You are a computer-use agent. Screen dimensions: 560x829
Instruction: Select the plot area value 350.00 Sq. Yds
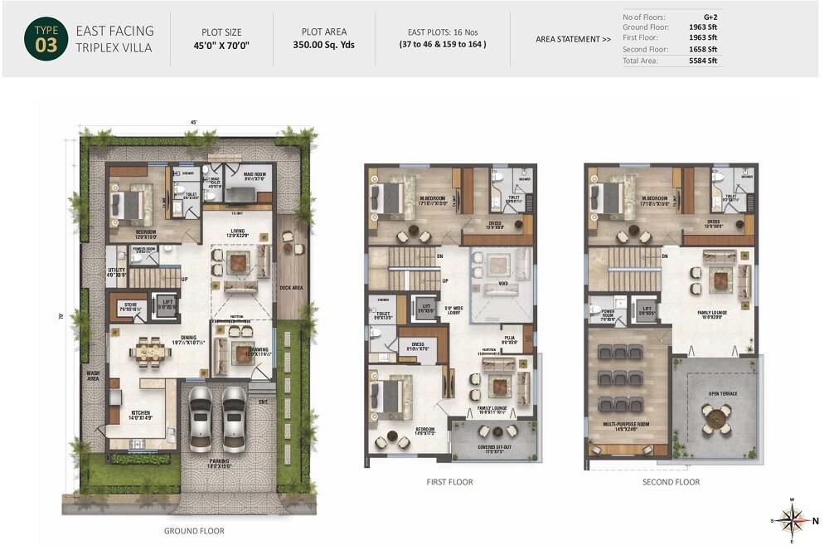coord(323,45)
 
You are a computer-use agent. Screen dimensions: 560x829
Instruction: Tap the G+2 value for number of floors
coord(710,17)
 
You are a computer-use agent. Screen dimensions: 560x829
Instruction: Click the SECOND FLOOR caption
coord(671,482)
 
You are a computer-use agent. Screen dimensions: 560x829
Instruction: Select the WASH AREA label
coord(93,377)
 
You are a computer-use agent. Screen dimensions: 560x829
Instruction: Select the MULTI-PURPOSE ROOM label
coord(628,426)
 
